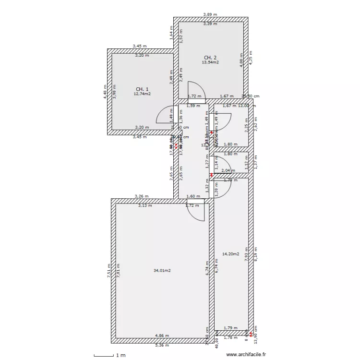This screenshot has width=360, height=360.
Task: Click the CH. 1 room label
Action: tap(142, 89)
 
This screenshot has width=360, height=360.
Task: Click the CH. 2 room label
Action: tap(210, 57)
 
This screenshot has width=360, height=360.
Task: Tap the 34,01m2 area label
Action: tap(162, 271)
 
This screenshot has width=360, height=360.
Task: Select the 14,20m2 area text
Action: tap(230, 254)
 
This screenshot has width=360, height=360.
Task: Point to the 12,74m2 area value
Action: tap(142, 94)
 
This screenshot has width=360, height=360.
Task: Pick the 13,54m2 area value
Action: tap(210, 62)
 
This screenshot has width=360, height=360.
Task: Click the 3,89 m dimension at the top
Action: tap(210, 15)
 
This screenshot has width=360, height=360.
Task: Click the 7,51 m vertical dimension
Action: tap(109, 270)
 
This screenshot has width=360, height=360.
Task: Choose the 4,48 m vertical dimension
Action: tap(105, 91)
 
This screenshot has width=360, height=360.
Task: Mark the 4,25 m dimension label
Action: tap(251, 58)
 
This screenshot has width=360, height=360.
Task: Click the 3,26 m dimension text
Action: tap(142, 196)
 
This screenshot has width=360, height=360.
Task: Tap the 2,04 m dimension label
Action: tap(228, 170)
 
